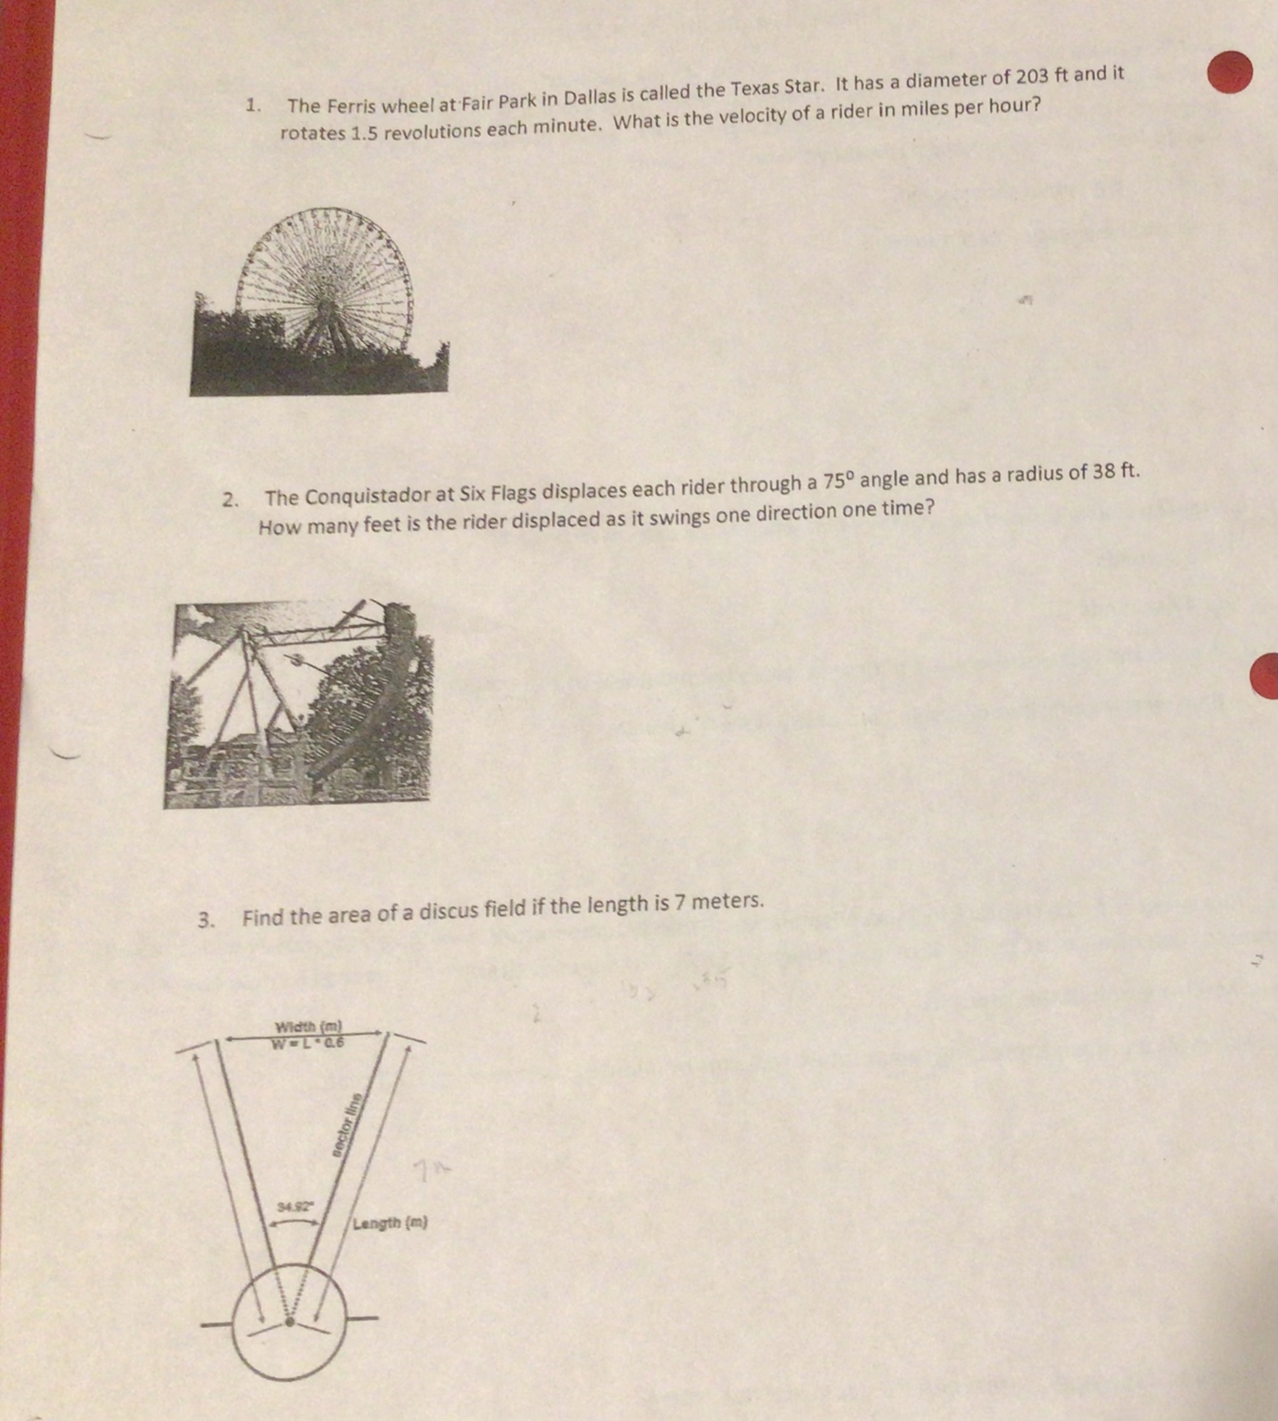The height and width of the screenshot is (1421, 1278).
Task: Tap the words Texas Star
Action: tap(771, 88)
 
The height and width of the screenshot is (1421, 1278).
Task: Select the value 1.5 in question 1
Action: tap(364, 133)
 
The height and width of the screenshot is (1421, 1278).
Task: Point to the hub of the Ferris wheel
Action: tap(324, 306)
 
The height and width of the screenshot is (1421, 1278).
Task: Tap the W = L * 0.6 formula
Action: tap(309, 1042)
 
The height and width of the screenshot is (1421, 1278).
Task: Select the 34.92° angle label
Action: tap(295, 1207)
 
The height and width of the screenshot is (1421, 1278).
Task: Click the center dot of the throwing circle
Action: tap(289, 1321)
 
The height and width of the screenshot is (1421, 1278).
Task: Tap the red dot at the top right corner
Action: tap(1230, 72)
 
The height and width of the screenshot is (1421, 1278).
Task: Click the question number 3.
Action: tap(205, 920)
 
